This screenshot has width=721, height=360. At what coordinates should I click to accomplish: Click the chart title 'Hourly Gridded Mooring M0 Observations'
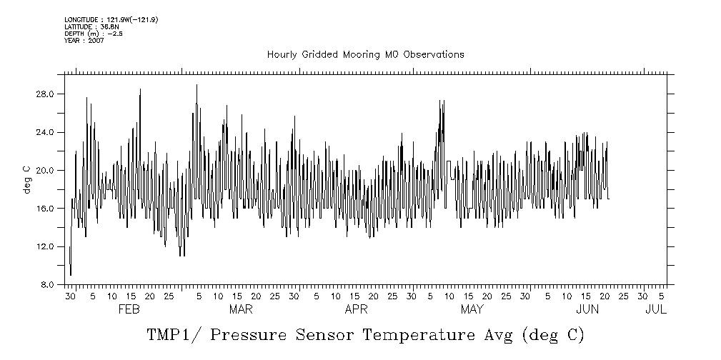[x=365, y=54]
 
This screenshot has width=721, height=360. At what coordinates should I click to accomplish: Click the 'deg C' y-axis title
[x=27, y=179]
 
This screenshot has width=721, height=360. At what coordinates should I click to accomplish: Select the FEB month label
[x=129, y=310]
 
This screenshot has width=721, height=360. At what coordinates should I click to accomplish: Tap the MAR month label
[x=241, y=310]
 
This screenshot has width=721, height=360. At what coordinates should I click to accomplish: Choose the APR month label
[x=357, y=310]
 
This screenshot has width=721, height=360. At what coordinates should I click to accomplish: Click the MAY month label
[x=472, y=310]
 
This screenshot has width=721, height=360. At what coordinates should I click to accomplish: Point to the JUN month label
[x=587, y=310]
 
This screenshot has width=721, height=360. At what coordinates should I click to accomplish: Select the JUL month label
[x=655, y=310]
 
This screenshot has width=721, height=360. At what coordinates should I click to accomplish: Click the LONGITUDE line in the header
[x=111, y=20]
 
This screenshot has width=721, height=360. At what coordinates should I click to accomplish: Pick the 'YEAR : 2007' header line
[x=84, y=41]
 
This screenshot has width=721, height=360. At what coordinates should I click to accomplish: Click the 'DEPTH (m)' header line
[x=94, y=34]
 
